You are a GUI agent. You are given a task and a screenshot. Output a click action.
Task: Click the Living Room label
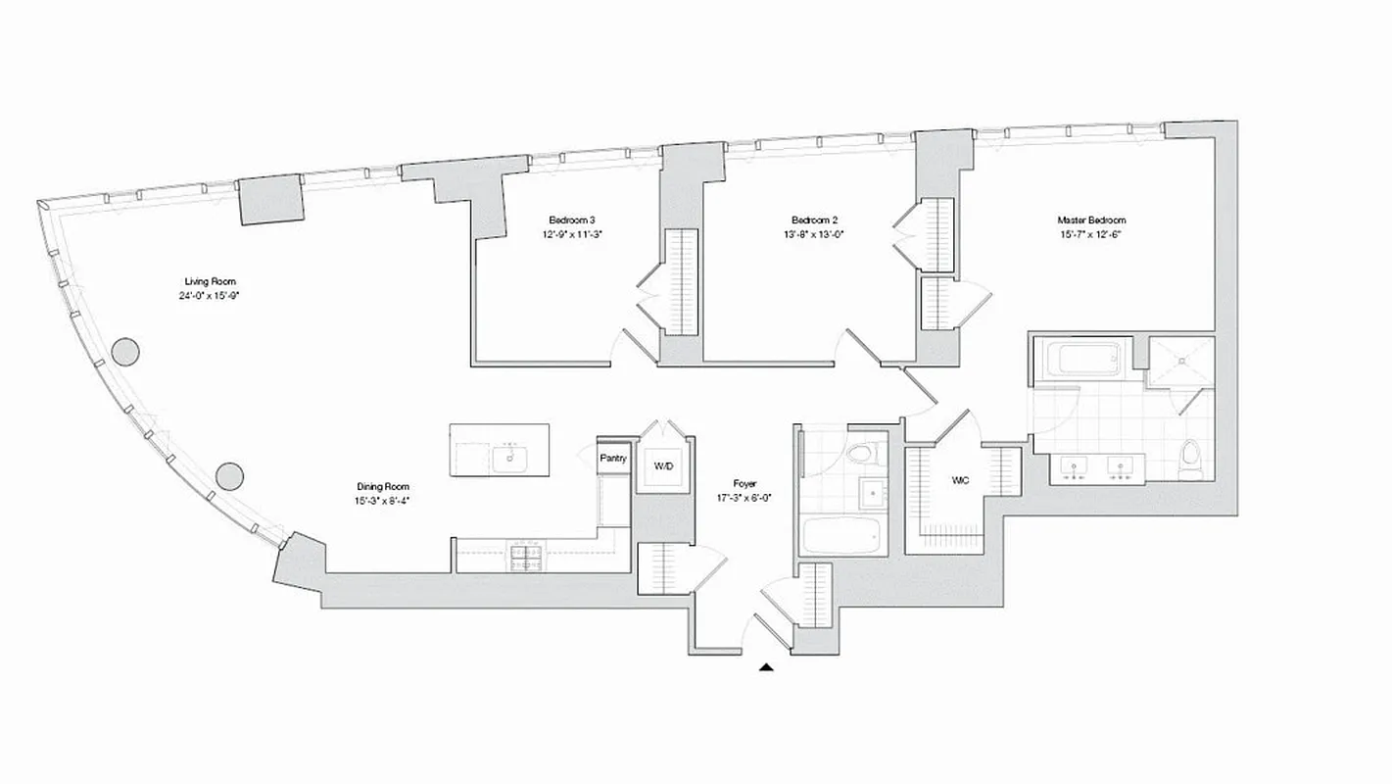click(x=210, y=281)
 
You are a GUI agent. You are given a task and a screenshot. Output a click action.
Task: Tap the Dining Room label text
click(x=382, y=486)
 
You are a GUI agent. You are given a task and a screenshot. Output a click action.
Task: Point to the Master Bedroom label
click(x=1090, y=220)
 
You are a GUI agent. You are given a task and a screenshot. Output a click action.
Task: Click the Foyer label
click(x=744, y=483)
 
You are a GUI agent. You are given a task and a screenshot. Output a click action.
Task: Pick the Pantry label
click(x=613, y=458)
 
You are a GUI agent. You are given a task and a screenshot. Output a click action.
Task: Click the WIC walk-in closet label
click(x=960, y=481)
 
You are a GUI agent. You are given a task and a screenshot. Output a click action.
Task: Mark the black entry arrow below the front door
click(x=766, y=668)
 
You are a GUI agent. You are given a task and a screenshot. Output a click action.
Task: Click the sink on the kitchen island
click(x=510, y=456)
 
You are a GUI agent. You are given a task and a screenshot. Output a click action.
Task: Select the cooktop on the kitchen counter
click(x=526, y=557)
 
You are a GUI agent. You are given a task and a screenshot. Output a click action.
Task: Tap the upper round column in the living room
click(x=124, y=351)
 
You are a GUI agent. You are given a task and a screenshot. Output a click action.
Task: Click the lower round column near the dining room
click(x=229, y=476)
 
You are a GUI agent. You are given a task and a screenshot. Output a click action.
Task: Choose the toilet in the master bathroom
click(x=1190, y=462)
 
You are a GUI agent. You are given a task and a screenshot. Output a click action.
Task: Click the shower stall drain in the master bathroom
click(x=1180, y=361)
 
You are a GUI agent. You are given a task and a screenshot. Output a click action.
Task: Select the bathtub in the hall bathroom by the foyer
click(x=841, y=536)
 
